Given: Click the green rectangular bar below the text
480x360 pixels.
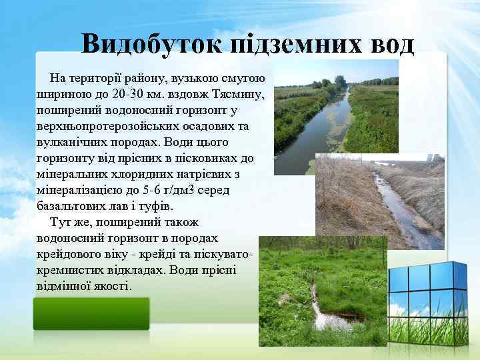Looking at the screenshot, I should (91, 313).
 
